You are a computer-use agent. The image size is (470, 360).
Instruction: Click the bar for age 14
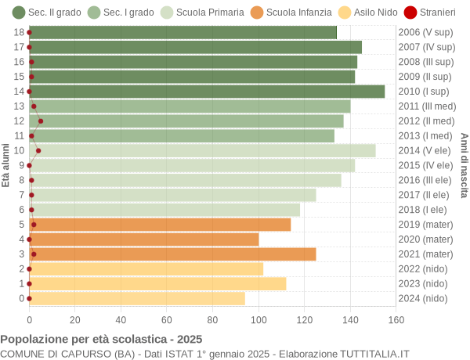point(207,92)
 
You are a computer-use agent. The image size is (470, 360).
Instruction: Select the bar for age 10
point(202,150)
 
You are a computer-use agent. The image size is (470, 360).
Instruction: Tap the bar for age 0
point(137,298)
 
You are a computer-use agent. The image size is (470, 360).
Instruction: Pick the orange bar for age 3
point(172,254)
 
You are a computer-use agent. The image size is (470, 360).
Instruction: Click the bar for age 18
point(183,32)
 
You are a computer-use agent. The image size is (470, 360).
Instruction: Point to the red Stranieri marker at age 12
point(41,121)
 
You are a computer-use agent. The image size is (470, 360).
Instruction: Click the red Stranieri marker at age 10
point(38,150)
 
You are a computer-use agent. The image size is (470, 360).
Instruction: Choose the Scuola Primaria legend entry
point(202,13)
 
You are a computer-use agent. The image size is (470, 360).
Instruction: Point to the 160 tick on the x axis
point(396,319)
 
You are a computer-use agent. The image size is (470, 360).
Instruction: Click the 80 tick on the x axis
point(212,319)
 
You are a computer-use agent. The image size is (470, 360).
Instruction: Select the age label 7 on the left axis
point(21,195)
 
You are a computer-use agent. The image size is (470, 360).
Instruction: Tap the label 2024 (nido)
point(423,298)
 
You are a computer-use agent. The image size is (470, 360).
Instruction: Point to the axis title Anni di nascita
point(464,165)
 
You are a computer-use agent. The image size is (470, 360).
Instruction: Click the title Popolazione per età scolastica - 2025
point(101,340)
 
